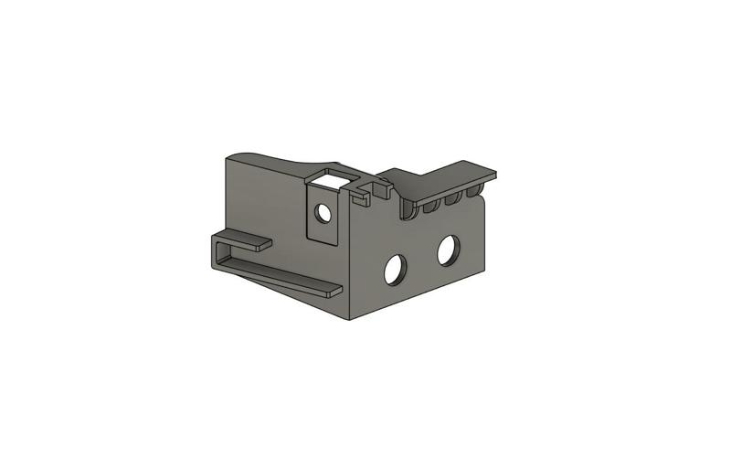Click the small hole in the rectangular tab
[323, 214]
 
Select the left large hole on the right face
[395, 269]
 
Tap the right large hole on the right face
[448, 250]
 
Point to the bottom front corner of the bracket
[351, 319]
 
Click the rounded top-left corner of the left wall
[231, 159]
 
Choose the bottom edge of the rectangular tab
[323, 242]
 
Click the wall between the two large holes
[421, 260]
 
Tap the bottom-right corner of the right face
[483, 268]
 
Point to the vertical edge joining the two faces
[348, 265]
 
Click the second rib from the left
[430, 207]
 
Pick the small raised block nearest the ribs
[383, 188]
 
